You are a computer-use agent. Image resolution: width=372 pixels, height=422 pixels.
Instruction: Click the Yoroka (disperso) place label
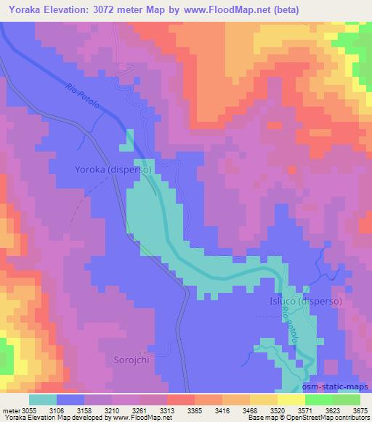pyautogui.click(x=113, y=170)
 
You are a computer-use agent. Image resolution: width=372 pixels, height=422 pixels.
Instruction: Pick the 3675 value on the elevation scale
pyautogui.click(x=360, y=411)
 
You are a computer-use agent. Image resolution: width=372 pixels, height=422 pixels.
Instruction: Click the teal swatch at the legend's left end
pyautogui.click(x=43, y=400)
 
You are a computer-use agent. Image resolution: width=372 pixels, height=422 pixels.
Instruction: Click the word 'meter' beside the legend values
pyautogui.click(x=10, y=411)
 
